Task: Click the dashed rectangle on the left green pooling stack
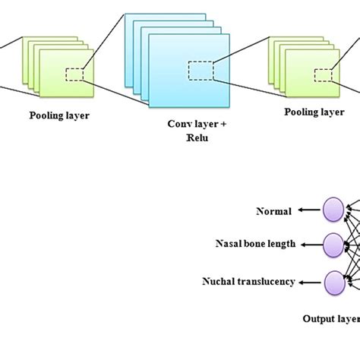pyautogui.click(x=74, y=74)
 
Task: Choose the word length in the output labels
pyautogui.click(x=282, y=245)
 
